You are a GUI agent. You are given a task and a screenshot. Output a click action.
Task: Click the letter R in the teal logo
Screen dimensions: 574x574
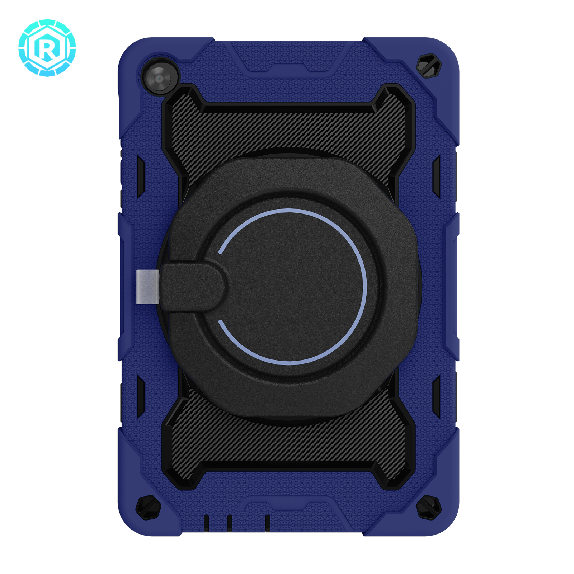47,48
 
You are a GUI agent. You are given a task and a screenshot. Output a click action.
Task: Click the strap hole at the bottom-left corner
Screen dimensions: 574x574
148,507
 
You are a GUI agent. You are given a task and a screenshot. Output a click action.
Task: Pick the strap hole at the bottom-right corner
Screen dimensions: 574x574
428,507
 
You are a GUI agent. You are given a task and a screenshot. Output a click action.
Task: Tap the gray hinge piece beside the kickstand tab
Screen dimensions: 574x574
147,287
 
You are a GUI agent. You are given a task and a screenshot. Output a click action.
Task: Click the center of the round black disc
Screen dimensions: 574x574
291,287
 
